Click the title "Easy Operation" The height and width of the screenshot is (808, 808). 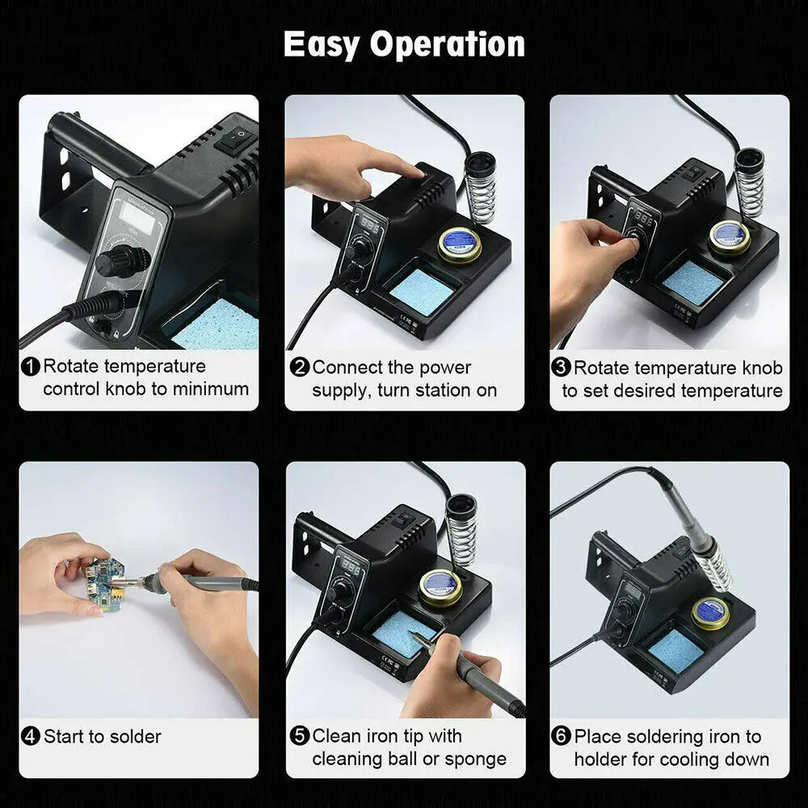point(404,44)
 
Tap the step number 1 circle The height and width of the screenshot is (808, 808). point(31,367)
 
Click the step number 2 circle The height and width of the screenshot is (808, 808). point(300,368)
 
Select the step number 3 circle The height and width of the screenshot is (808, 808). point(562,368)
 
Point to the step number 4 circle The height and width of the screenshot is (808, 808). point(31,736)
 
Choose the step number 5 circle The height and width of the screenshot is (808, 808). point(300,736)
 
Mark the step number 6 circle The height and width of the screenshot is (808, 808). point(562,737)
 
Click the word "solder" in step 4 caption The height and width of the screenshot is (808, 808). point(135,736)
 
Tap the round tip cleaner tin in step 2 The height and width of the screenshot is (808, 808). point(461,242)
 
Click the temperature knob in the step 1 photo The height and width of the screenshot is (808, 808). point(121,262)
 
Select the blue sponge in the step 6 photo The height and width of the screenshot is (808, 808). point(678,651)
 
